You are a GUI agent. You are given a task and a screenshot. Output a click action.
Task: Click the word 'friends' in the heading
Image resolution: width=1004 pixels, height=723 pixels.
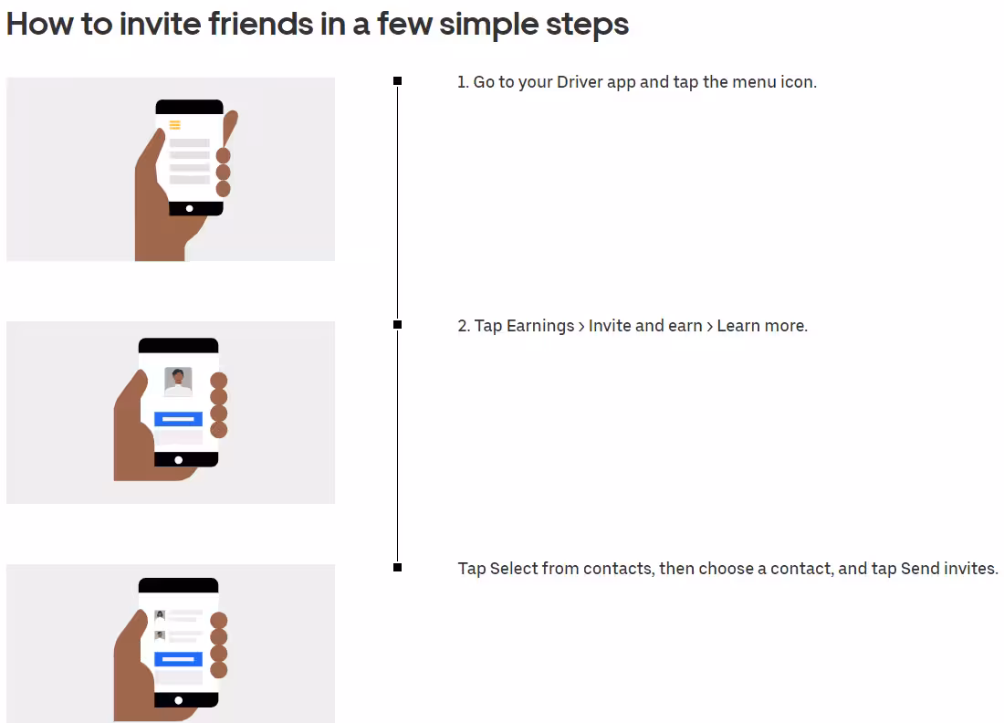[260, 24]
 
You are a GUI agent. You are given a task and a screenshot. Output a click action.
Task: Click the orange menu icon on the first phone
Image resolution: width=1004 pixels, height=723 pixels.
[175, 125]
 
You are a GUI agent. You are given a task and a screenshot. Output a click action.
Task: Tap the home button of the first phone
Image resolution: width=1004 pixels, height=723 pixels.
[190, 209]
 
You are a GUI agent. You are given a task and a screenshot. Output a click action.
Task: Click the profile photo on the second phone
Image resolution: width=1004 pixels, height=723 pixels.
[178, 381]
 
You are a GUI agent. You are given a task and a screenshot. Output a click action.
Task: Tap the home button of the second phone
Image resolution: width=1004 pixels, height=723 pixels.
[179, 460]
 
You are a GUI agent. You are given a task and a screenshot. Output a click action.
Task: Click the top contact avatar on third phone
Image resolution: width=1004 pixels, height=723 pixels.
[160, 615]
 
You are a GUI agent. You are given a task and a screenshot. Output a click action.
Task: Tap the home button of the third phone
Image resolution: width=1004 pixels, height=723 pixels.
[179, 700]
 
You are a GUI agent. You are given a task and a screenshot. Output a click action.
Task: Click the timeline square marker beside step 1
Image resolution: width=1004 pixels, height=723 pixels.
[398, 80]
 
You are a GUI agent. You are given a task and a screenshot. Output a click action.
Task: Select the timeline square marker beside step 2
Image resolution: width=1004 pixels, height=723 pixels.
[398, 325]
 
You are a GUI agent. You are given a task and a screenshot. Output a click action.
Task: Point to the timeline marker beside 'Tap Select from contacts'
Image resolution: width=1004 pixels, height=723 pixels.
[398, 568]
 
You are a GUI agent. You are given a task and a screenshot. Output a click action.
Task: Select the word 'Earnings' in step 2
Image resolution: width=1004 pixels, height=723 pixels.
[540, 326]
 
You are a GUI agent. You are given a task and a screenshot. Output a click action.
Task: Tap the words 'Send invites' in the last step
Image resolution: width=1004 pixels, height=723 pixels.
[948, 568]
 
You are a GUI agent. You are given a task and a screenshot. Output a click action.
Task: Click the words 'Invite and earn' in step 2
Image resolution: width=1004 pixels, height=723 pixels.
[645, 325]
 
